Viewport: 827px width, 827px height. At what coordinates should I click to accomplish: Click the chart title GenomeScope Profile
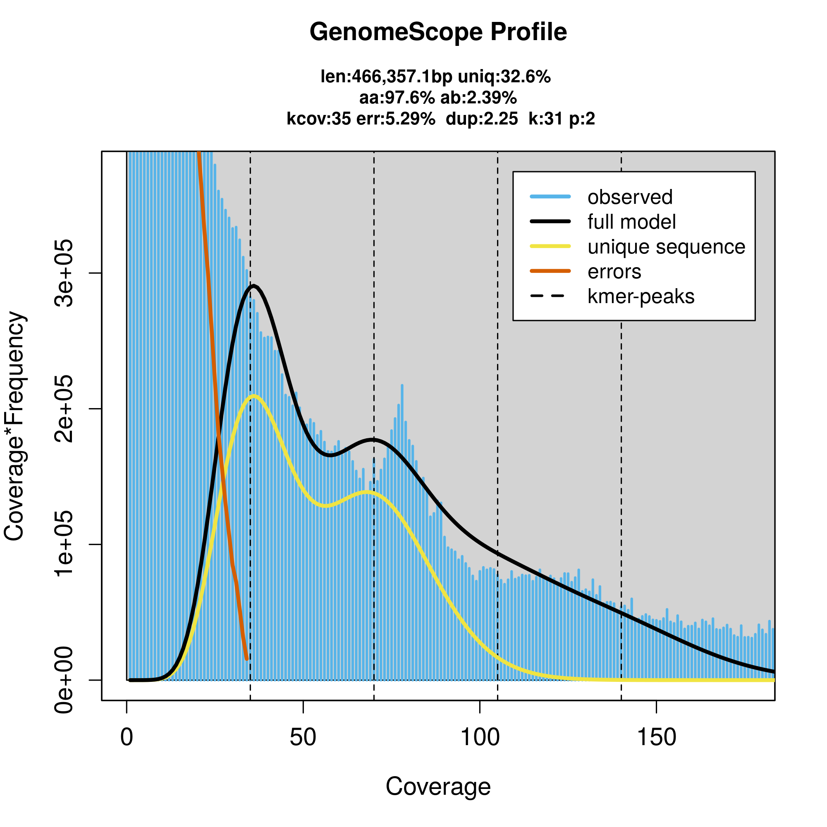coord(438,32)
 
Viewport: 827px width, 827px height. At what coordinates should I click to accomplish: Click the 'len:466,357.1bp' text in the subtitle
coord(386,76)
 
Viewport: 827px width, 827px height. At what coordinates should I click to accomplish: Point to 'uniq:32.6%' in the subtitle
coord(504,76)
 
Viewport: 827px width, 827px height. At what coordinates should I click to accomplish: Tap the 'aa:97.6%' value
coord(397,98)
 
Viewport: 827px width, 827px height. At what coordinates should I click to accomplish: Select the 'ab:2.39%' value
coord(478,98)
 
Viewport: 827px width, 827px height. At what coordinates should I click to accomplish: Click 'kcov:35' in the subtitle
coord(318,119)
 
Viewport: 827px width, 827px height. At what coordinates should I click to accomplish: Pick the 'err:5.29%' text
coord(396,119)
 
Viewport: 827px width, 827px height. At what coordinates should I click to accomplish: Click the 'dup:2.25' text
coord(482,119)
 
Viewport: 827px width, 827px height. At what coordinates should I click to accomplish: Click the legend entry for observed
coord(630,197)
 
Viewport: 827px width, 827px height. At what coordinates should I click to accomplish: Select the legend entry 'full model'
coord(631,222)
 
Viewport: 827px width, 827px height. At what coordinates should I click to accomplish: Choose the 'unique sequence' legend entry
coord(666,247)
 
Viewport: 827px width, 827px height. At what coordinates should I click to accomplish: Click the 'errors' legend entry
coord(614,272)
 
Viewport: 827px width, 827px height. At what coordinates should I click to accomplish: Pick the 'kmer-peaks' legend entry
coord(641,296)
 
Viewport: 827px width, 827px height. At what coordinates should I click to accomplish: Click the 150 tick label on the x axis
coord(656,738)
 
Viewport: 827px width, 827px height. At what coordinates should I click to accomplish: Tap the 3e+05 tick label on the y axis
coord(64,273)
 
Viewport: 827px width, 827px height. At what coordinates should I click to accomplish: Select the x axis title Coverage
coord(438,787)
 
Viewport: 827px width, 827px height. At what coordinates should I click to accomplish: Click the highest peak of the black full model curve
coord(254,286)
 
